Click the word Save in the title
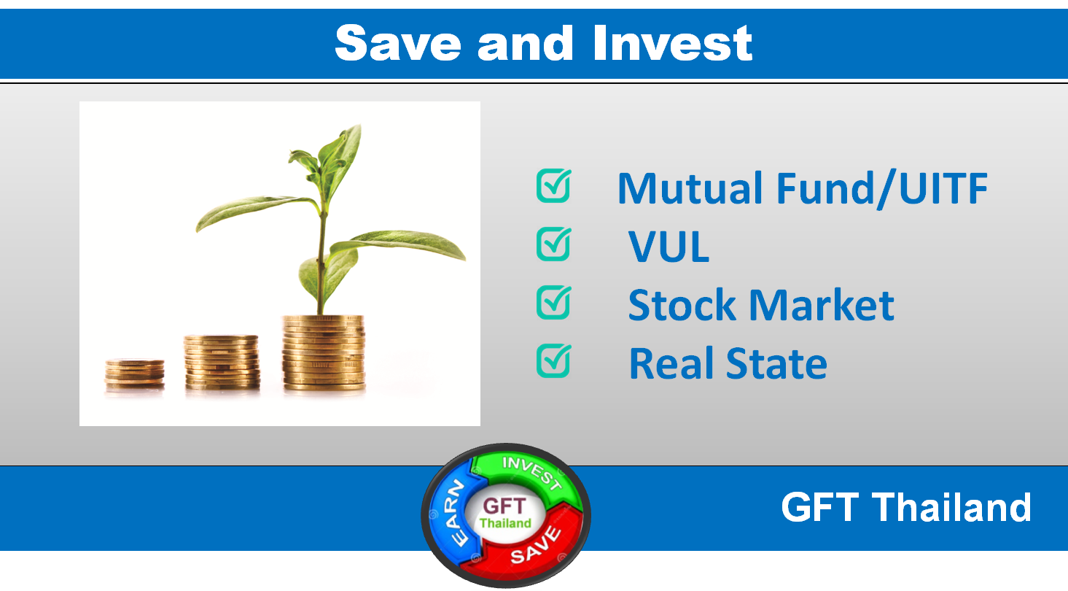point(398,43)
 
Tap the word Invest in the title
point(672,43)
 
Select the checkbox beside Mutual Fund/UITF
point(554,186)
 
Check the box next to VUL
point(554,244)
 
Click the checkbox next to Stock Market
point(554,302)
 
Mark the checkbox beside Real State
point(554,361)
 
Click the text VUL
point(669,247)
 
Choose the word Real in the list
point(673,364)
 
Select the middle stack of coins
point(222,363)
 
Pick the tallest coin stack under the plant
point(324,353)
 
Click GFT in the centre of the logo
point(504,506)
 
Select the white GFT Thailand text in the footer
point(906,507)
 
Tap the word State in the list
point(776,364)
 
